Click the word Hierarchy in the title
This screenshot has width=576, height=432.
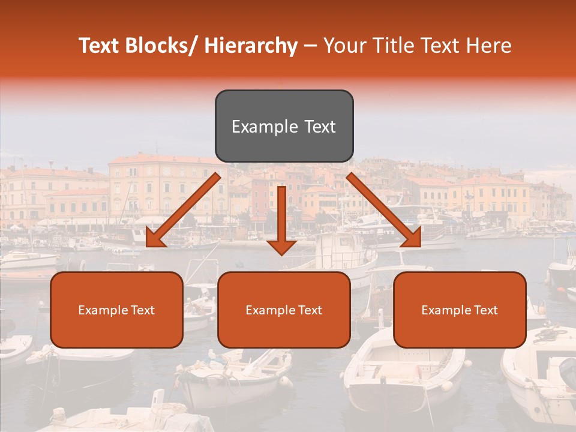(x=251, y=46)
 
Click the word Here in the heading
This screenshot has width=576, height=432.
(x=490, y=46)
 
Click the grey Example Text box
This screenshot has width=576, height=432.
(x=284, y=127)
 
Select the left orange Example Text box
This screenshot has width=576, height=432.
(x=116, y=310)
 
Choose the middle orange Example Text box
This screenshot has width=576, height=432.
(x=284, y=310)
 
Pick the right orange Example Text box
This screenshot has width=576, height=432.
(x=460, y=310)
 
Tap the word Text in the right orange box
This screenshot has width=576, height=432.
(x=485, y=310)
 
